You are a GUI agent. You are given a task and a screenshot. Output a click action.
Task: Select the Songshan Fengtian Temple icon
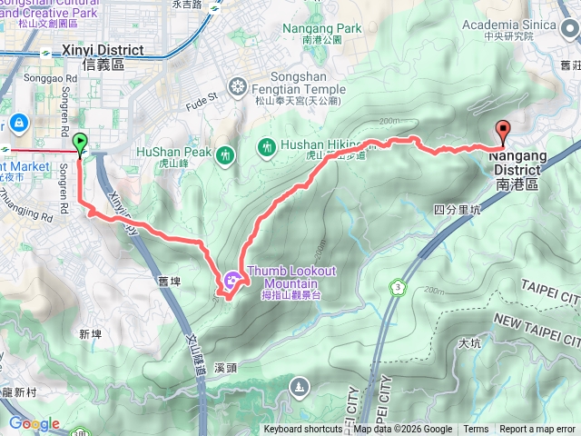coord(238,88)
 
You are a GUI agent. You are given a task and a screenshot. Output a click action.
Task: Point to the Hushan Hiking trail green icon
coord(266,145)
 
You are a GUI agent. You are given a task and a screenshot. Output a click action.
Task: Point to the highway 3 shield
coord(397,287)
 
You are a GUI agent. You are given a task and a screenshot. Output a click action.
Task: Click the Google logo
coord(34,423)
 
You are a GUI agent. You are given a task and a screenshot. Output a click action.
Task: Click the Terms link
coord(476,430)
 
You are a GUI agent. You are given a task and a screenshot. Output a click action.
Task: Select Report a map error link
coord(538,430)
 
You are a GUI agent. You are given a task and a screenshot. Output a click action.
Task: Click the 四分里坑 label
coord(457,209)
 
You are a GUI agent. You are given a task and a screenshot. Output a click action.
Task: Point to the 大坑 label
coord(469,343)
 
